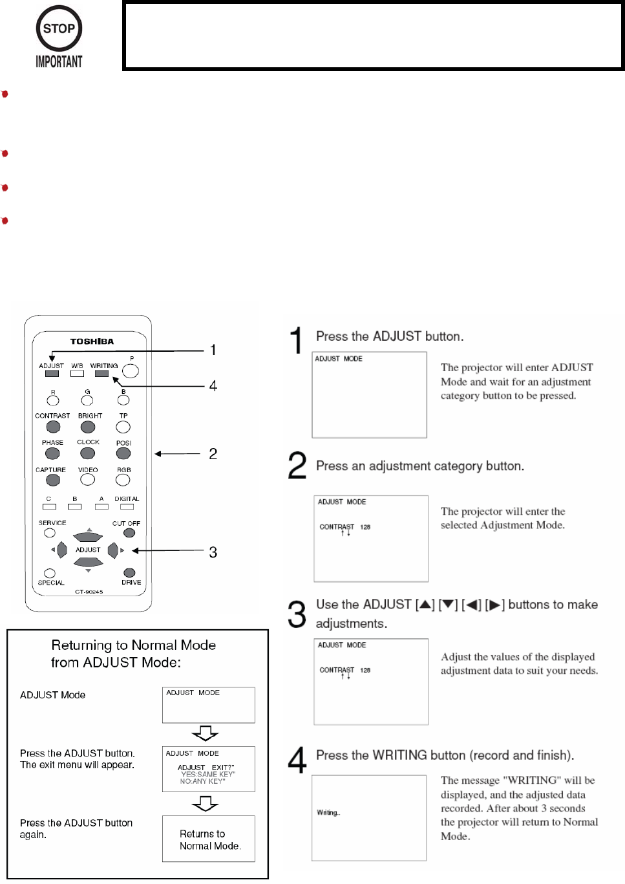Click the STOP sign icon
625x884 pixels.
[59, 28]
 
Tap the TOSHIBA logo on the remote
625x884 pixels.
[92, 341]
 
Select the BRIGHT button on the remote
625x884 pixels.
[87, 427]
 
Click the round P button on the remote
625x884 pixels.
[131, 371]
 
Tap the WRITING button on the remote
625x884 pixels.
[101, 373]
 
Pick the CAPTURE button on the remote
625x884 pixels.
[53, 480]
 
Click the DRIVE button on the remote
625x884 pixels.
[129, 573]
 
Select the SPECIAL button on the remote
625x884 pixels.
[50, 573]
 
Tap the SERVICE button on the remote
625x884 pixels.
[50, 533]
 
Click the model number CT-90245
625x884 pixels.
[89, 592]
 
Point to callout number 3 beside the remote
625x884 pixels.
[213, 552]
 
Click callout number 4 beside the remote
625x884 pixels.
[213, 386]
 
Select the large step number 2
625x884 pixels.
[297, 466]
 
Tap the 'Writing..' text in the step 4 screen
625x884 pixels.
[328, 813]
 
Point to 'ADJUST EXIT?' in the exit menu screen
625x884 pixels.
[206, 768]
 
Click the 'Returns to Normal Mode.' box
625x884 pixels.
[209, 839]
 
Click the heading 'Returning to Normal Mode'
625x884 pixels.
[133, 645]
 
